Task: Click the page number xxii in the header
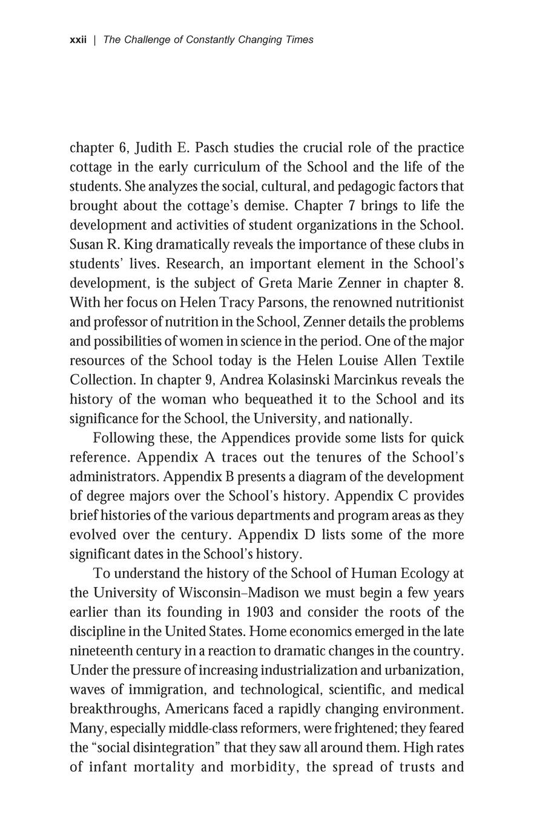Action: pos(78,40)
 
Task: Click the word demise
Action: pos(266,206)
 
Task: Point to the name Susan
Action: pos(88,245)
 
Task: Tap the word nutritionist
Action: pos(421,303)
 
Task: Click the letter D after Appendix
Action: pos(308,535)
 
